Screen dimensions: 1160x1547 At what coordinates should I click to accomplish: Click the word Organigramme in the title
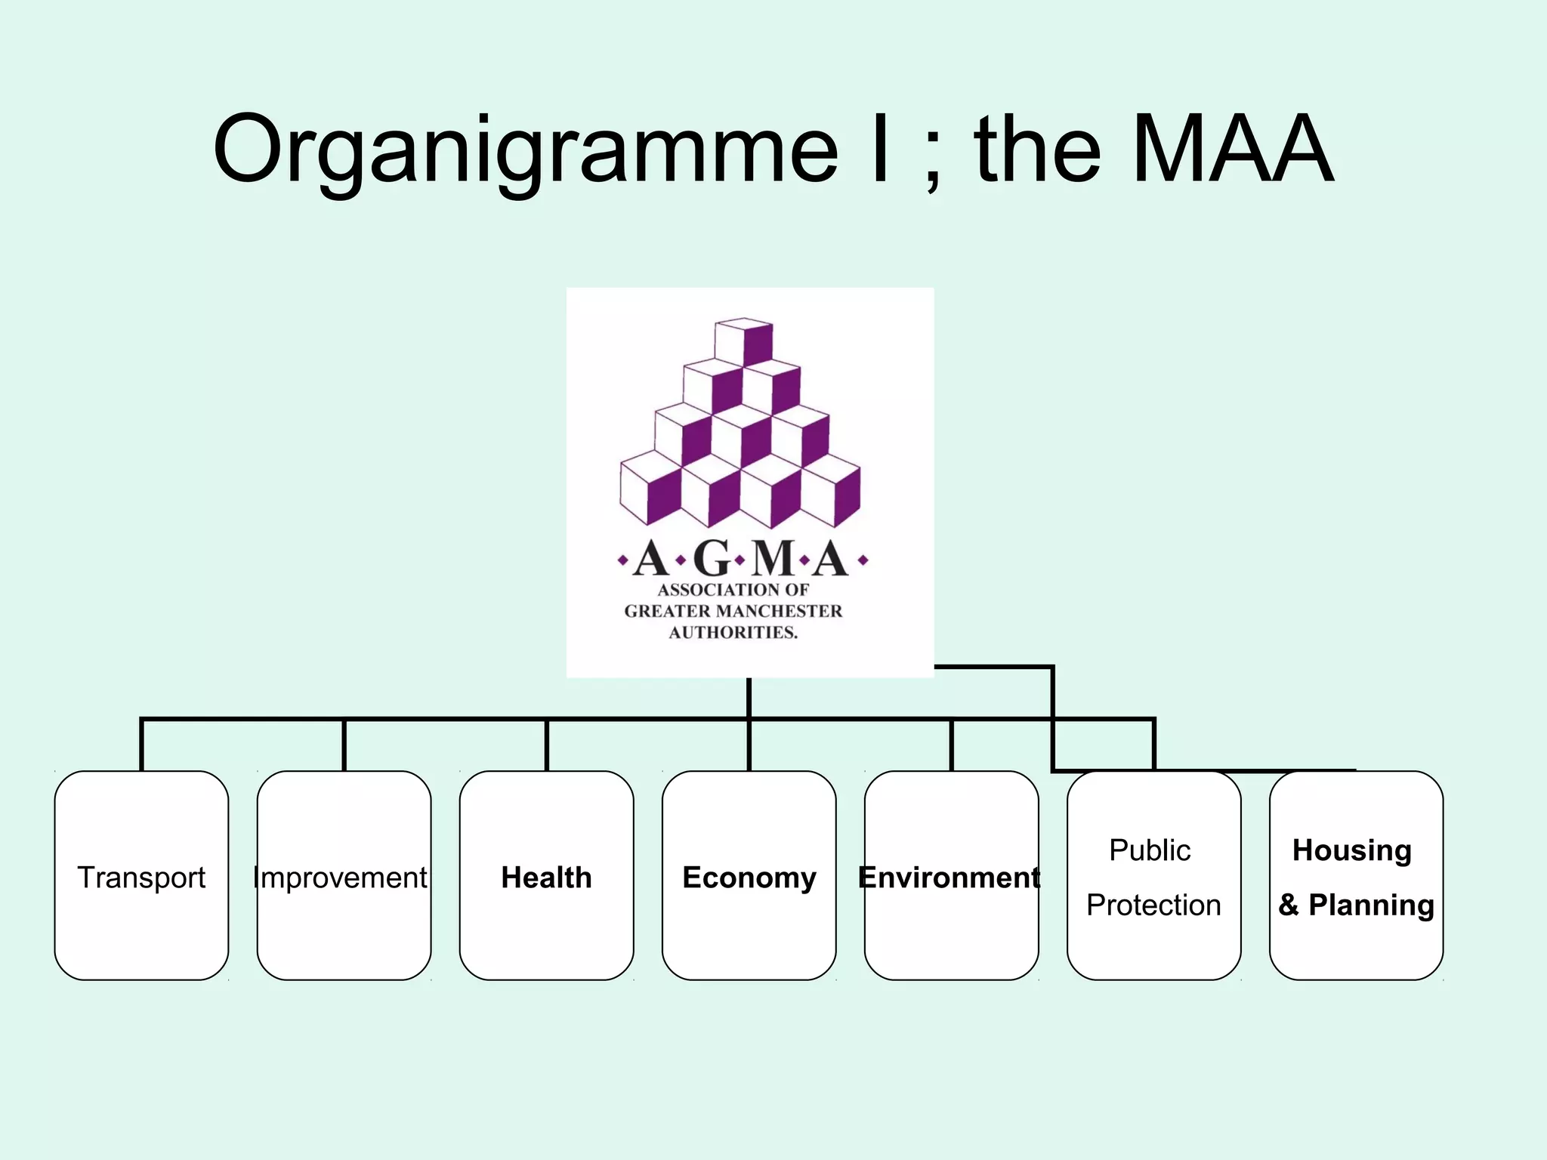click(x=525, y=151)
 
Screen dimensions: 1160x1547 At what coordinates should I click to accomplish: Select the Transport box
click(x=141, y=876)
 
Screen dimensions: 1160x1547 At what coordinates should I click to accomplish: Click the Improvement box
click(x=344, y=876)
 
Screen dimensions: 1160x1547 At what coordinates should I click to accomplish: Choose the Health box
click(x=546, y=877)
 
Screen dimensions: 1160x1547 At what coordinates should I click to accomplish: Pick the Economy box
click(x=749, y=877)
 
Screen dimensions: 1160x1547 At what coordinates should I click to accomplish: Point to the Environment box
click(x=950, y=877)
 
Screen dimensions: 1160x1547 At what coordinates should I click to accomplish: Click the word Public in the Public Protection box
click(x=1150, y=850)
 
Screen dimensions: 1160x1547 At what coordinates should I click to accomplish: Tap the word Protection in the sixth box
click(x=1153, y=904)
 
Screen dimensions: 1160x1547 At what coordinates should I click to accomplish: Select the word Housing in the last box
click(x=1352, y=850)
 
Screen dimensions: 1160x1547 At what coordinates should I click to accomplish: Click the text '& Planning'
click(x=1356, y=904)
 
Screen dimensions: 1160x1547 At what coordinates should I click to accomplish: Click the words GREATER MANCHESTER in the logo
click(x=733, y=611)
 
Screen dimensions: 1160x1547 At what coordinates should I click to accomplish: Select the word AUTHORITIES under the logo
click(x=733, y=632)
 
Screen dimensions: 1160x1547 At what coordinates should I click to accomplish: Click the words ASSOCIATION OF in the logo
click(x=733, y=590)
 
